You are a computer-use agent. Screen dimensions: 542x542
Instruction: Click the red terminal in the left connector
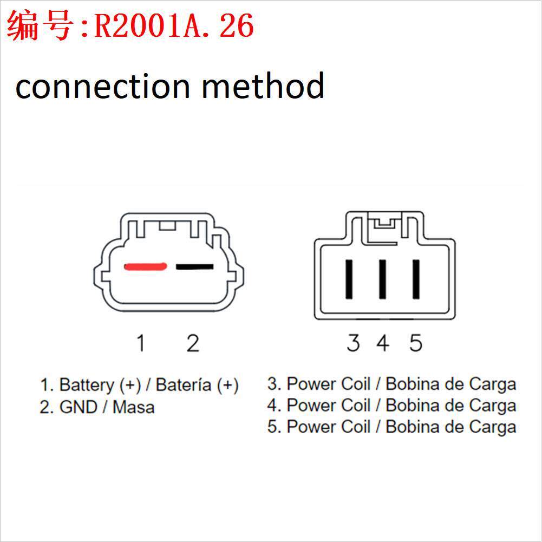[145, 266]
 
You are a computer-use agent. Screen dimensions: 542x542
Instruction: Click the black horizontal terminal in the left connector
[194, 266]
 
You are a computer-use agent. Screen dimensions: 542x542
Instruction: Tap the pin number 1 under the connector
[141, 343]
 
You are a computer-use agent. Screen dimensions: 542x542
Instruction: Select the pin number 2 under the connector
[193, 343]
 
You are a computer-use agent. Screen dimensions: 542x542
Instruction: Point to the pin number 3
[353, 343]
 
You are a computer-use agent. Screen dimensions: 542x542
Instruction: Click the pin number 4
[383, 343]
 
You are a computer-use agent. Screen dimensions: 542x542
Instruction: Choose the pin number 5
[415, 343]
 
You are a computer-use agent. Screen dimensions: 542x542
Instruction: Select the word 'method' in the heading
[263, 87]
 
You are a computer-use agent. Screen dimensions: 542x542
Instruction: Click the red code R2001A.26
[174, 25]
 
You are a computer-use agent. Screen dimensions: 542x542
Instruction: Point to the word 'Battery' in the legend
[87, 385]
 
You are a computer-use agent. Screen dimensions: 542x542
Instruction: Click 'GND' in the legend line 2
[77, 407]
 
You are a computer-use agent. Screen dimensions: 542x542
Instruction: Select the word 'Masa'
[133, 407]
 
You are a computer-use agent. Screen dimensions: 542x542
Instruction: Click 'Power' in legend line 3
[306, 384]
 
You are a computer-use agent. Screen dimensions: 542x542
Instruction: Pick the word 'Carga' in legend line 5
[492, 427]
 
